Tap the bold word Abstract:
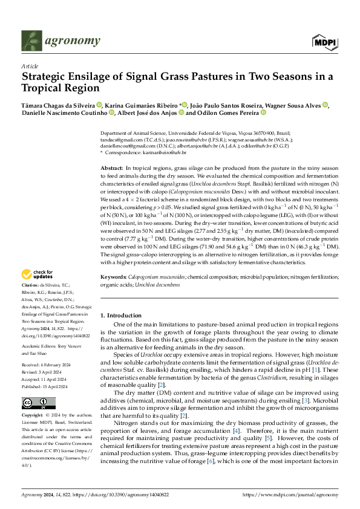click(111, 167)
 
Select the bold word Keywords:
click(113, 276)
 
